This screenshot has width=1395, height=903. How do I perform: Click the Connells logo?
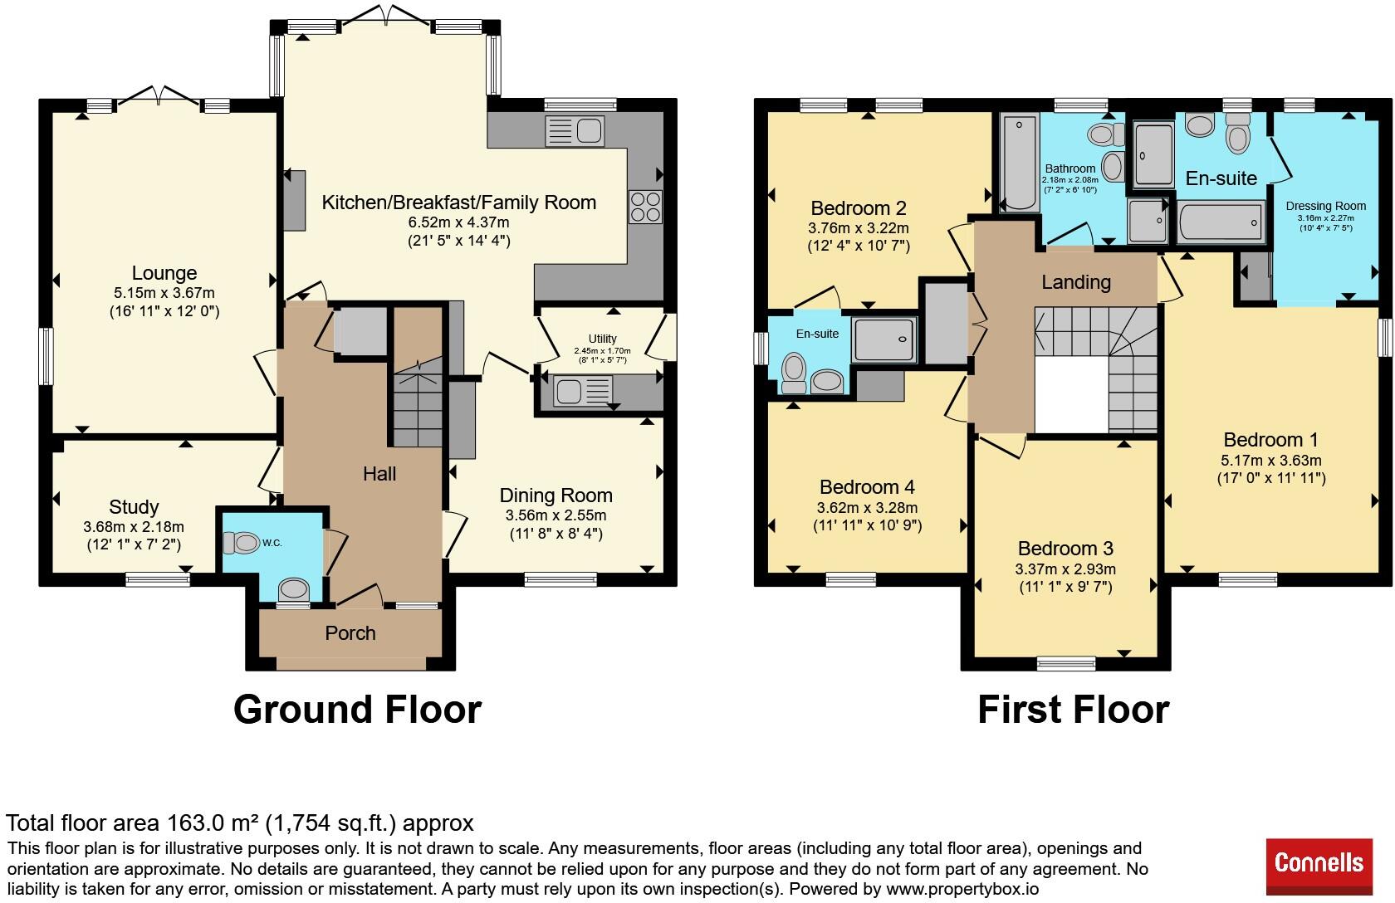click(1319, 866)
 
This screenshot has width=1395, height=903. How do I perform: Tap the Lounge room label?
click(164, 272)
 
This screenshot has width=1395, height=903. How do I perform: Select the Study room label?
click(134, 506)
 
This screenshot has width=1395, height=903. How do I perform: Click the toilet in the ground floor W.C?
click(241, 543)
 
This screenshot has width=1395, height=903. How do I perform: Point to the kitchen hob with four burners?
click(645, 207)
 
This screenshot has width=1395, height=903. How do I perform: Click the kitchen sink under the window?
click(575, 131)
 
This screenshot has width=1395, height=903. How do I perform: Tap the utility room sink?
click(582, 392)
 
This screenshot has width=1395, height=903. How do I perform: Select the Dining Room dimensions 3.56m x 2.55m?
click(556, 515)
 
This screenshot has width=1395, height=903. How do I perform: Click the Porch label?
click(350, 633)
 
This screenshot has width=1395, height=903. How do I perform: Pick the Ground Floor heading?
click(357, 710)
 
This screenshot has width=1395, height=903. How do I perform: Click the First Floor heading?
click(1073, 710)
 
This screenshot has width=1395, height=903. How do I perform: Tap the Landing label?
click(1076, 282)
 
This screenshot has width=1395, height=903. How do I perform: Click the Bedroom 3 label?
click(1065, 549)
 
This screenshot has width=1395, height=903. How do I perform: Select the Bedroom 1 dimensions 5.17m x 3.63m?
click(1271, 461)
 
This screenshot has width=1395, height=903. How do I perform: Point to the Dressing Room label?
click(1326, 206)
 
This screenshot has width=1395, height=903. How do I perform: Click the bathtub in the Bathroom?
click(1020, 163)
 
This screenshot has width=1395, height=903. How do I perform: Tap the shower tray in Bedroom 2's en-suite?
click(884, 339)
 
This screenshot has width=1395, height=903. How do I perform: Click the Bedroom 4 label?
click(867, 486)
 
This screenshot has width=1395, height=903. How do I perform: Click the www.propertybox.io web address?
click(962, 890)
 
